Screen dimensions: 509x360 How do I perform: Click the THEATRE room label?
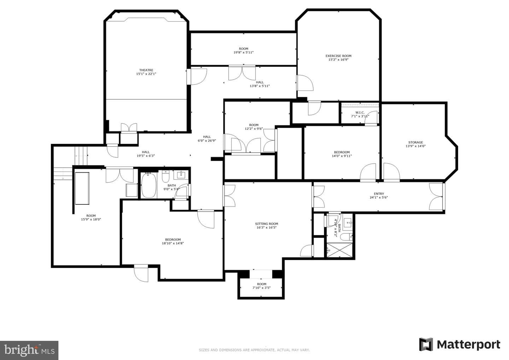(x=146, y=70)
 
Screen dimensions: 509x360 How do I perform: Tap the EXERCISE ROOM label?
(x=338, y=56)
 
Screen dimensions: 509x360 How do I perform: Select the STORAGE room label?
(x=416, y=142)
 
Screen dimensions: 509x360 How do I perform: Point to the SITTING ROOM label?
(x=267, y=223)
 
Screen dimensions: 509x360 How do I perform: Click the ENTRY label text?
(x=379, y=194)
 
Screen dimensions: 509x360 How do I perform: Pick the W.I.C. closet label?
(x=360, y=112)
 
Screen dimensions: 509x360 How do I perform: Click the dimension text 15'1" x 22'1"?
(x=146, y=74)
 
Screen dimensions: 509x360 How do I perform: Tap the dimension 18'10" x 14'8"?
(x=173, y=243)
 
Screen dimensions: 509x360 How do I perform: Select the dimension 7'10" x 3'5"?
(x=262, y=288)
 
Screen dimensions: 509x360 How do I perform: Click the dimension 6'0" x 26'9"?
(x=207, y=141)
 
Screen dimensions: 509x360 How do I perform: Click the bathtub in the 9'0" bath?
(x=148, y=185)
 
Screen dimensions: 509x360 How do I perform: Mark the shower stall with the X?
(x=339, y=250)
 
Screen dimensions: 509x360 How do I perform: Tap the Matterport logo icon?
(x=426, y=344)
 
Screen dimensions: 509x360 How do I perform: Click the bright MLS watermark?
(x=29, y=350)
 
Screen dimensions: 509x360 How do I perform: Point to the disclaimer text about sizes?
(x=254, y=350)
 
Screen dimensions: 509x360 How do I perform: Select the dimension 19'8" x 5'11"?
(x=243, y=52)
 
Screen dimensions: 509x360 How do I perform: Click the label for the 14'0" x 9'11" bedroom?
(x=342, y=152)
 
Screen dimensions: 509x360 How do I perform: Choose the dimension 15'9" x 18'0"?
(x=91, y=220)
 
